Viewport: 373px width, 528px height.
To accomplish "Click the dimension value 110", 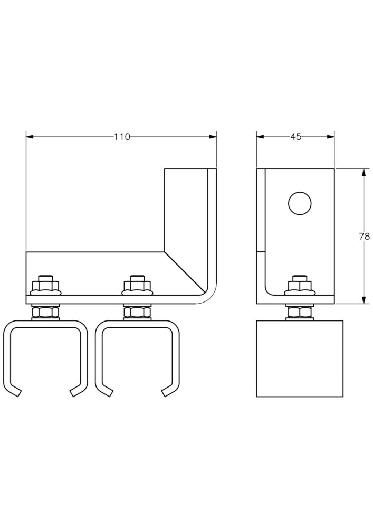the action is [121, 137].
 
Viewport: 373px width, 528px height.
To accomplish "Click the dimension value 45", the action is [295, 137].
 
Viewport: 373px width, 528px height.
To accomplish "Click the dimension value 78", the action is [364, 237].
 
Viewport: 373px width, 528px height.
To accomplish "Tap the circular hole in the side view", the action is [300, 203].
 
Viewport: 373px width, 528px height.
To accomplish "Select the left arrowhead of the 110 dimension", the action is [30, 137].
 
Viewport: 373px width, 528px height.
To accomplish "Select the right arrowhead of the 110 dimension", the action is [213, 137].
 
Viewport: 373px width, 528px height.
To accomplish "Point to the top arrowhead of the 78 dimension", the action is [364, 173].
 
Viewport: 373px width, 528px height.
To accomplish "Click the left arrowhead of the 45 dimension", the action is [260, 137].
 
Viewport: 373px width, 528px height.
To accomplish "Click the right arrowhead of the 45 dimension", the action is [331, 137].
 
